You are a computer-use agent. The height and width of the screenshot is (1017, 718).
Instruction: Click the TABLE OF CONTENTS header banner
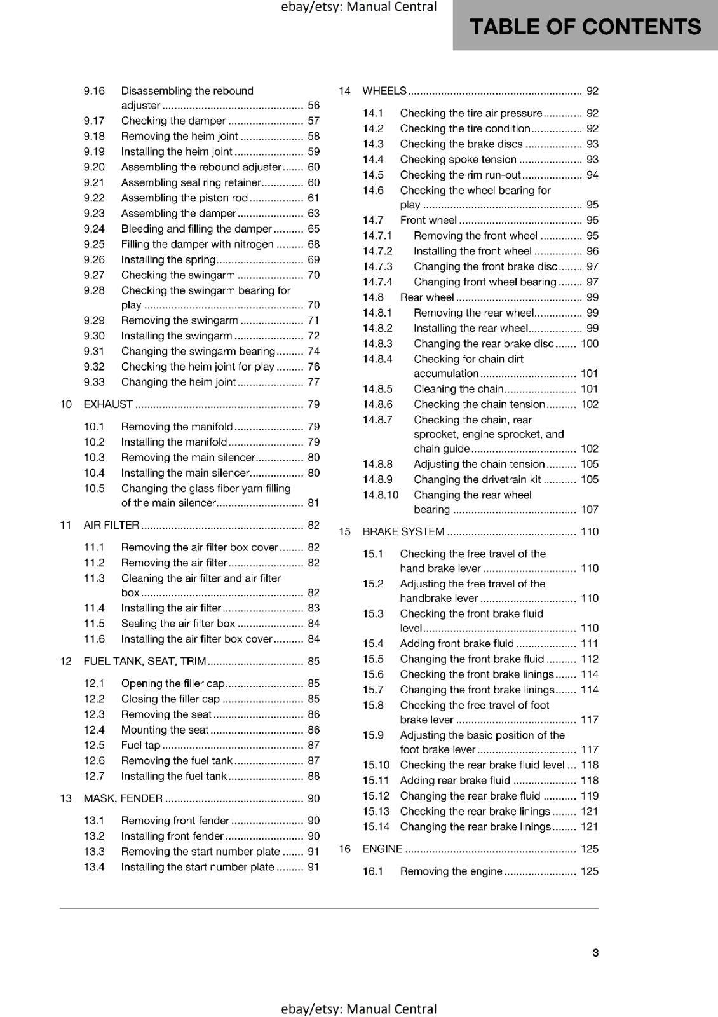[x=585, y=27]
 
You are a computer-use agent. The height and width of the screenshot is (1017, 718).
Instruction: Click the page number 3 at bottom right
[x=595, y=952]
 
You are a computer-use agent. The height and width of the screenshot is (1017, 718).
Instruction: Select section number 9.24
[x=94, y=229]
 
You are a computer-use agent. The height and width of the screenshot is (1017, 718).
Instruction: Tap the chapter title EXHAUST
[x=108, y=404]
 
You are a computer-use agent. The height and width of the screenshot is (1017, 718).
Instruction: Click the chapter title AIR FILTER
[x=111, y=525]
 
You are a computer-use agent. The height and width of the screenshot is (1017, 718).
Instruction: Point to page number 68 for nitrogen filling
[x=313, y=244]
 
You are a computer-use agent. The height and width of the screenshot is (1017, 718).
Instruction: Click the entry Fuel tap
[x=140, y=745]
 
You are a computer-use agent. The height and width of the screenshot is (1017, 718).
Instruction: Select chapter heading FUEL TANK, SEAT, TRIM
[x=145, y=661]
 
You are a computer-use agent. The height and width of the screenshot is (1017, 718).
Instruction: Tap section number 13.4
[x=94, y=867]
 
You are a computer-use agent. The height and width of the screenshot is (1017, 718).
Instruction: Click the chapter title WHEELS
[x=384, y=91]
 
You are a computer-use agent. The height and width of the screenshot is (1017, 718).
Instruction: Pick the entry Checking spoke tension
[x=457, y=160]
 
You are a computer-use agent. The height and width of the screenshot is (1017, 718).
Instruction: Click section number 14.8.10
[x=381, y=495]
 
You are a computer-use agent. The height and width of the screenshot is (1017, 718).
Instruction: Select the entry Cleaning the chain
[x=458, y=389]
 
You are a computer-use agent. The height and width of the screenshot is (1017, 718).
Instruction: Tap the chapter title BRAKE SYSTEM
[x=403, y=531]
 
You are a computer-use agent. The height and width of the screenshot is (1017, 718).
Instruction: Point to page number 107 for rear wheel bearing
[x=589, y=509]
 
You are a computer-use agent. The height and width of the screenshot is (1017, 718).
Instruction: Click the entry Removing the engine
[x=451, y=871]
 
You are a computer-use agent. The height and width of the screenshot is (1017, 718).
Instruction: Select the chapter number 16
[x=344, y=849]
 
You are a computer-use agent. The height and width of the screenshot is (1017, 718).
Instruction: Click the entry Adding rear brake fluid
[x=454, y=781]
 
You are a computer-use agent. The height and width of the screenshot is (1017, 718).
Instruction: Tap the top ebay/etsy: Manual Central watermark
[x=359, y=7]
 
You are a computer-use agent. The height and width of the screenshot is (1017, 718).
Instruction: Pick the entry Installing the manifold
[x=173, y=442]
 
